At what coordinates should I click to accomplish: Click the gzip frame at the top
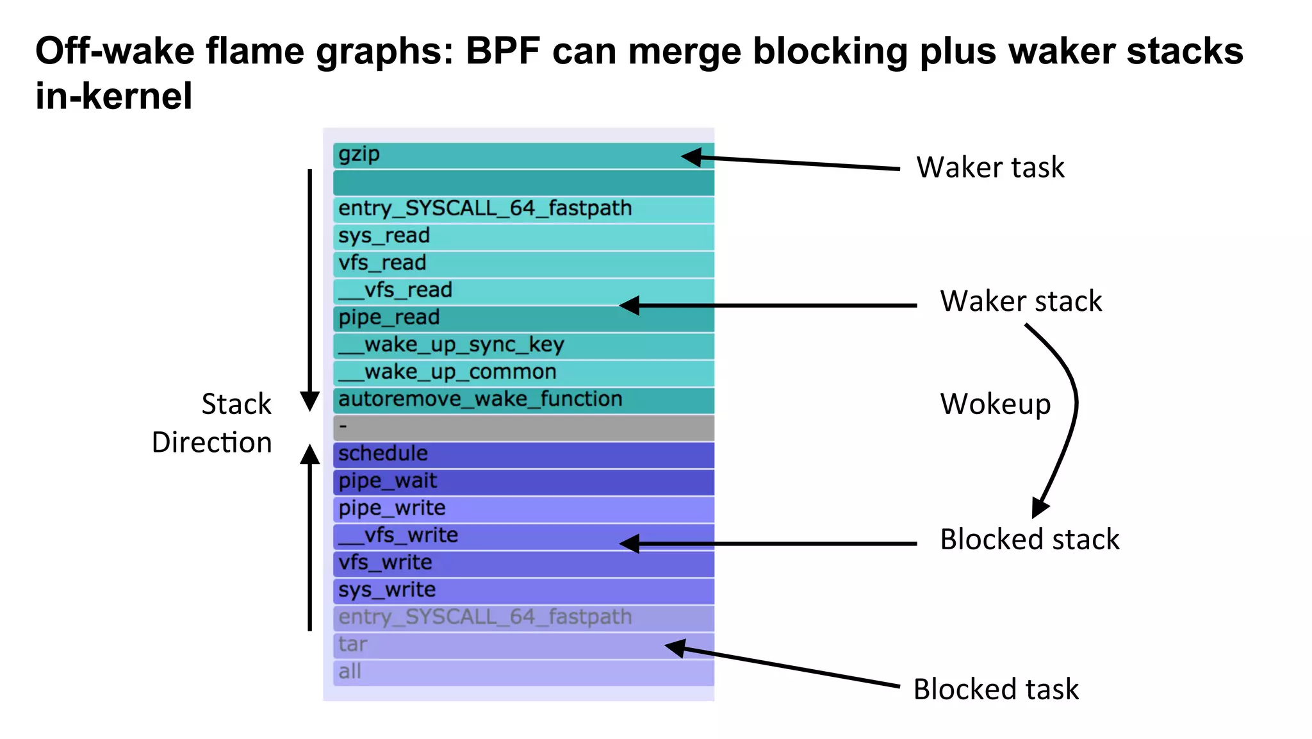pyautogui.click(x=523, y=155)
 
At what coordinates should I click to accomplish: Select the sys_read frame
pyautogui.click(x=523, y=237)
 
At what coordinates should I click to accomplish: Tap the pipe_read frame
pyautogui.click(x=523, y=318)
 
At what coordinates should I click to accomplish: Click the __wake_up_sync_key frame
pyautogui.click(x=523, y=345)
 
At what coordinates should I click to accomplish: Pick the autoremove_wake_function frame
pyautogui.click(x=523, y=400)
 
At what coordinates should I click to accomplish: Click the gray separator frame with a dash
pyautogui.click(x=523, y=427)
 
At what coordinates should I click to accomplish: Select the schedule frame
pyautogui.click(x=523, y=454)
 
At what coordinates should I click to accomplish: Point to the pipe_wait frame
pyautogui.click(x=523, y=481)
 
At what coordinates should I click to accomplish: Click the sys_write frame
pyautogui.click(x=523, y=590)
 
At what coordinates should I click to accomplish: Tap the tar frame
pyautogui.click(x=523, y=645)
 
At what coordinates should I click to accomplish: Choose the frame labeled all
pyautogui.click(x=523, y=672)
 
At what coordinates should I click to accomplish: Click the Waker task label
pyautogui.click(x=990, y=167)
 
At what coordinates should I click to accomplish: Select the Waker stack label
pyautogui.click(x=1021, y=301)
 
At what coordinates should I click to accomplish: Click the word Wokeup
pyautogui.click(x=995, y=404)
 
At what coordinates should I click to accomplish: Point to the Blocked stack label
pyautogui.click(x=1029, y=540)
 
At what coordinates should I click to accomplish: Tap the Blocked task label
pyautogui.click(x=996, y=690)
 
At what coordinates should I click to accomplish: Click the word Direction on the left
pyautogui.click(x=211, y=443)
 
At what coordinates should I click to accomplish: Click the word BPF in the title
pyautogui.click(x=502, y=51)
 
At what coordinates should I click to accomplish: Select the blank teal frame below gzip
pyautogui.click(x=523, y=183)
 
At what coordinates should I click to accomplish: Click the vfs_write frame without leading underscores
pyautogui.click(x=523, y=563)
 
